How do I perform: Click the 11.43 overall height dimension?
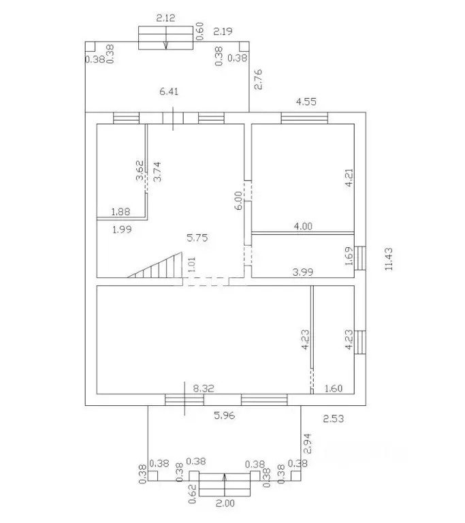coord(389,259)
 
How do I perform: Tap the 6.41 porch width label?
coord(169,91)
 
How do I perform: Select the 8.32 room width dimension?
coord(204,388)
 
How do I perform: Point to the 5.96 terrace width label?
coord(224,415)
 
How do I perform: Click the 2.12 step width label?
coord(165,18)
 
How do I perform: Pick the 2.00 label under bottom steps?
coord(225,503)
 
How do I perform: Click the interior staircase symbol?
coord(155,265)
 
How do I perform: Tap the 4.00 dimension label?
coord(303,226)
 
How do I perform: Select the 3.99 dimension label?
coord(303,272)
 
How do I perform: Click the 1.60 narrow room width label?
coord(333,388)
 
